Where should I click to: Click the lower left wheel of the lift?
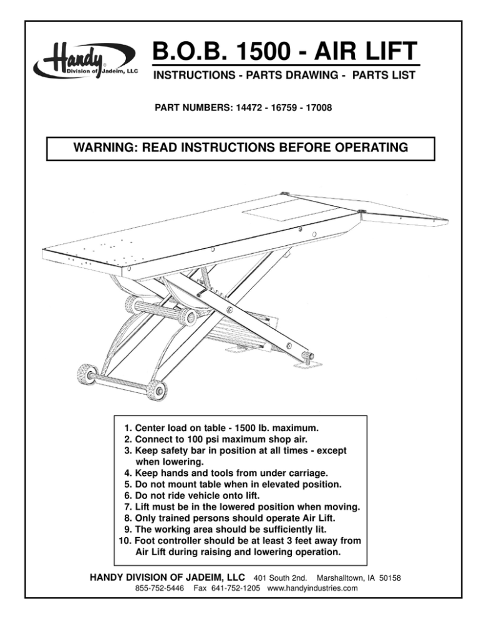click(x=84, y=375)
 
